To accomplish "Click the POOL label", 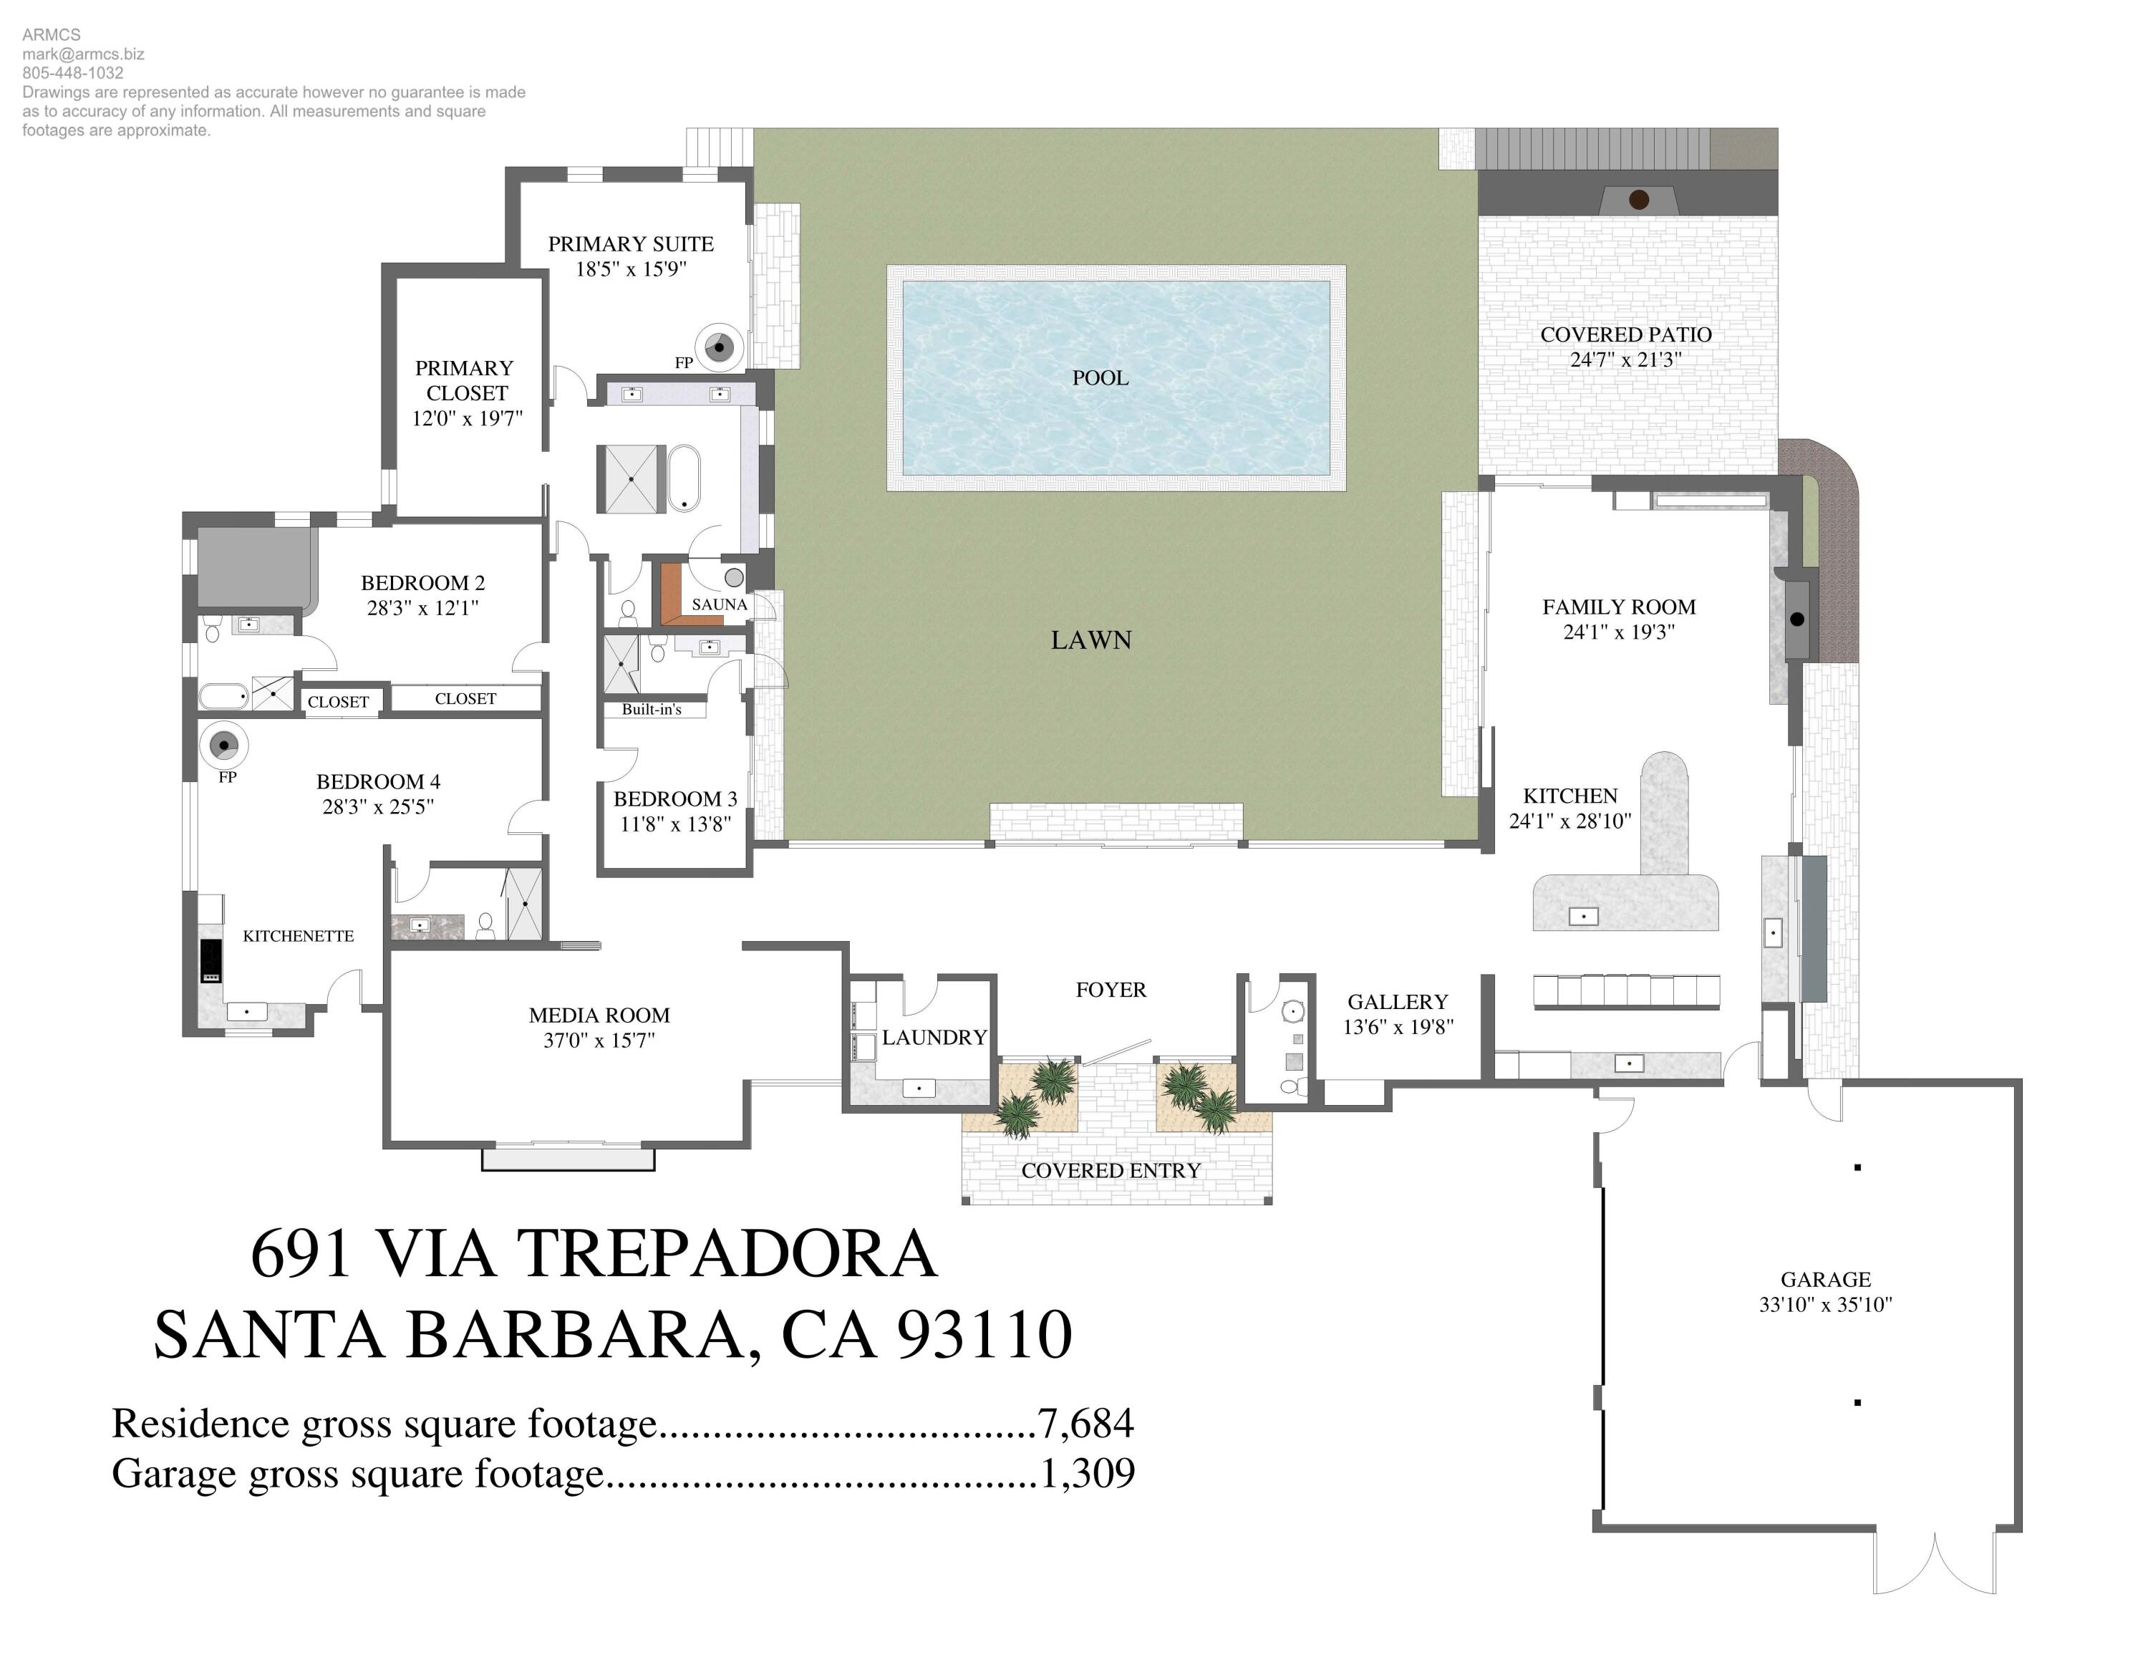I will pyautogui.click(x=1100, y=377).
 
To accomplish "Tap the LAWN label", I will pyautogui.click(x=1090, y=640).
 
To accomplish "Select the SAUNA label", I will pyautogui.click(x=719, y=604).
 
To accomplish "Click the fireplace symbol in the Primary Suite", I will pyautogui.click(x=719, y=347).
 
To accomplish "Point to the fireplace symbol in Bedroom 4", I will pyautogui.click(x=224, y=745).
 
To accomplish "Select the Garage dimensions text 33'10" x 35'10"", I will pyautogui.click(x=1825, y=1305).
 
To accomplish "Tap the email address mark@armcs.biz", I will pyautogui.click(x=84, y=54).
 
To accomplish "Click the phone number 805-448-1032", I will pyautogui.click(x=73, y=73).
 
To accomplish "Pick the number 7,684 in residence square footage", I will pyautogui.click(x=1085, y=1423).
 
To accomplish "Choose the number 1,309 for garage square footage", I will pyautogui.click(x=1087, y=1472).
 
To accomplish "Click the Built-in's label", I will pyautogui.click(x=651, y=709).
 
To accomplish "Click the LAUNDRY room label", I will pyautogui.click(x=934, y=1038).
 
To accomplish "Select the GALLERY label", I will pyautogui.click(x=1397, y=1002).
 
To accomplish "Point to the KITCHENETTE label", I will pyautogui.click(x=298, y=936).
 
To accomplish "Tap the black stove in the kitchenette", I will pyautogui.click(x=211, y=961).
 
